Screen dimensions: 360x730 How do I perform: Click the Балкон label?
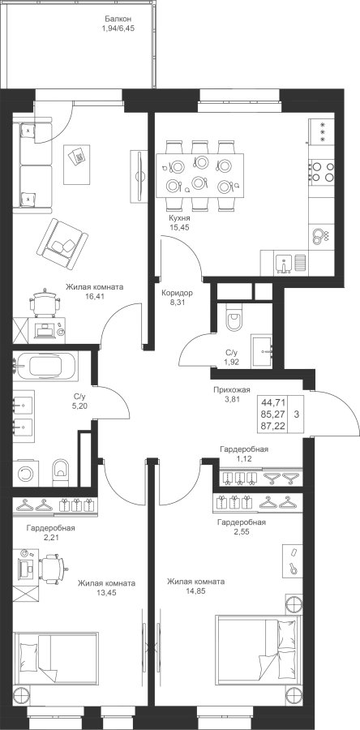tap(118, 19)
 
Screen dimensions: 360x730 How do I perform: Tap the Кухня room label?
tap(179, 218)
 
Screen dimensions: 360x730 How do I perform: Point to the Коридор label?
tap(177, 294)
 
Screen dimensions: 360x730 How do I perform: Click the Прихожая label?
tap(232, 389)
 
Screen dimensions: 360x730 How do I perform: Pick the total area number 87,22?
tap(274, 426)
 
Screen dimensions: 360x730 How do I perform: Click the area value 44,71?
tap(274, 402)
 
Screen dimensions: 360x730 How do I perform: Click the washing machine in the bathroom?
tap(26, 474)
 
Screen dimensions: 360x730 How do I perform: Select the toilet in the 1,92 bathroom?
tap(233, 318)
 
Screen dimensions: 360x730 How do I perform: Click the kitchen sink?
tap(283, 264)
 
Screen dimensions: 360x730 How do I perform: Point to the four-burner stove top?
tap(322, 171)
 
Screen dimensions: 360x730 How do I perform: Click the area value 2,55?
tap(242, 531)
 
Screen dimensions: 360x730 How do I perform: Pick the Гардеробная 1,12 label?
tap(244, 454)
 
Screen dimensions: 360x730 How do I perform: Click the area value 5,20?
tap(80, 405)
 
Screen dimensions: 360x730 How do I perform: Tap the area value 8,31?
tap(177, 302)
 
